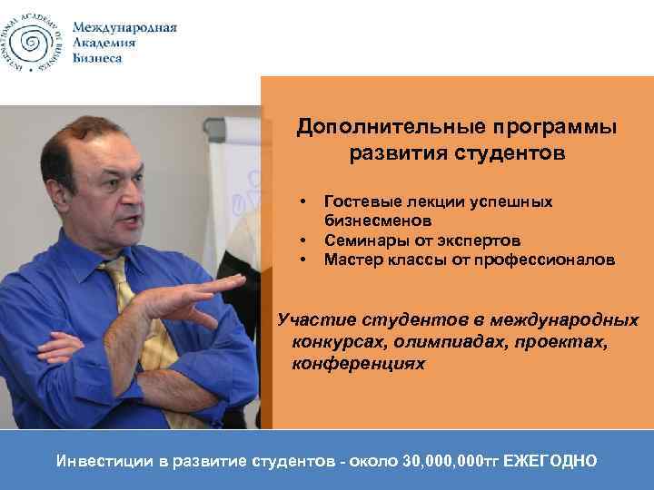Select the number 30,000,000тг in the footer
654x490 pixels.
tap(445, 461)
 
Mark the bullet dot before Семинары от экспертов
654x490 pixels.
tap(300, 240)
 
